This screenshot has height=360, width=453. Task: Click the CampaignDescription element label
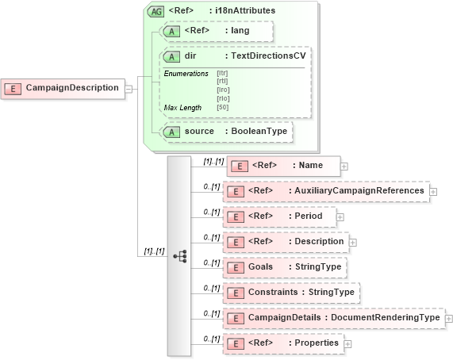click(x=72, y=87)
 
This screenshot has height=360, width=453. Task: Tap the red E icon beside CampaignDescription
click(x=13, y=88)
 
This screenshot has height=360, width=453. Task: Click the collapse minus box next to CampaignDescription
click(x=128, y=88)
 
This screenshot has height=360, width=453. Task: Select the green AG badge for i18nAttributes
click(x=156, y=11)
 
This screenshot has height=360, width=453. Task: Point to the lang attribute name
click(x=241, y=31)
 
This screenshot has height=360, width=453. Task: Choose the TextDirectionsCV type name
click(x=267, y=57)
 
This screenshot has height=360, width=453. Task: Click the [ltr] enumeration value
click(x=223, y=74)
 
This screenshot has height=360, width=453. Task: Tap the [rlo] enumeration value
click(x=223, y=98)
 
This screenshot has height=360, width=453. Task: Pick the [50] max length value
click(x=223, y=107)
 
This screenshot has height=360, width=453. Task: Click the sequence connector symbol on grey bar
click(x=179, y=256)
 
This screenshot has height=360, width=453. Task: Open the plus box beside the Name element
click(x=344, y=167)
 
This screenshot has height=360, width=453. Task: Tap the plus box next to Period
click(x=340, y=216)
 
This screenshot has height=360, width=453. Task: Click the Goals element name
click(x=260, y=267)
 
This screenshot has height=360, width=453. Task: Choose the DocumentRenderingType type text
click(x=385, y=318)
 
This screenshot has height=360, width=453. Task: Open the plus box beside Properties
click(x=347, y=343)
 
